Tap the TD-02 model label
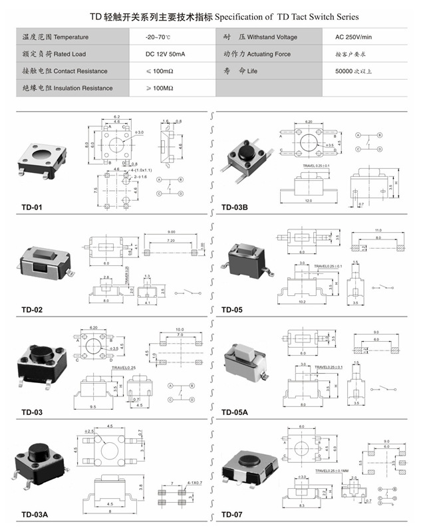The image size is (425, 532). [x=31, y=309]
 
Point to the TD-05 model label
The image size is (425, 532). [x=232, y=309]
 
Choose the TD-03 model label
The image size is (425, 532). [x=31, y=412]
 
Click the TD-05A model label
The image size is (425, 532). [x=235, y=412]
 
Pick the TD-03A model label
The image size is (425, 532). [x=34, y=515]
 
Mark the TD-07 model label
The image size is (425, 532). [x=232, y=515]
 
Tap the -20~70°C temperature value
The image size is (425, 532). [x=159, y=37]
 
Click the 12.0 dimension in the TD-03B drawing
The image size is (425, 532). [x=308, y=200]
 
